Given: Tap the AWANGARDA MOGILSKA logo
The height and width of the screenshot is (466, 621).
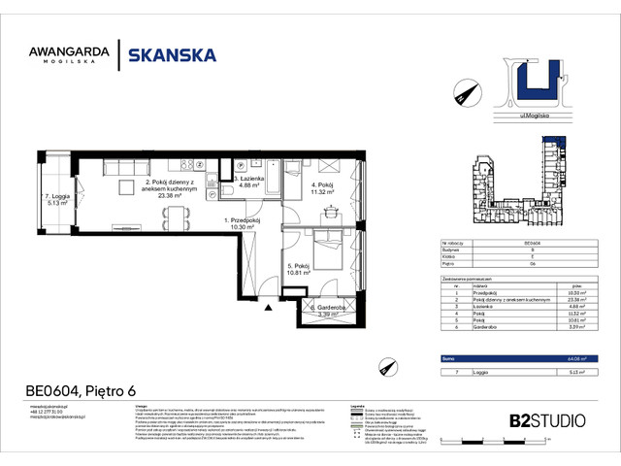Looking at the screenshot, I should (81, 57).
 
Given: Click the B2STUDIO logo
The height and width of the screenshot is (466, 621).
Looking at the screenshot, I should (546, 420).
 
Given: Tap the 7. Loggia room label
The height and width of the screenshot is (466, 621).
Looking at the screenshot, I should (54, 199).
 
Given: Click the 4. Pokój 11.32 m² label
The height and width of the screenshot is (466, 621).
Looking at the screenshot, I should (321, 188).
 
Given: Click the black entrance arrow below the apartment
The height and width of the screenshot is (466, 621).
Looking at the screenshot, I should (268, 307).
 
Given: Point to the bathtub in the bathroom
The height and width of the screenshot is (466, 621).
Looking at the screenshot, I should (292, 169).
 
